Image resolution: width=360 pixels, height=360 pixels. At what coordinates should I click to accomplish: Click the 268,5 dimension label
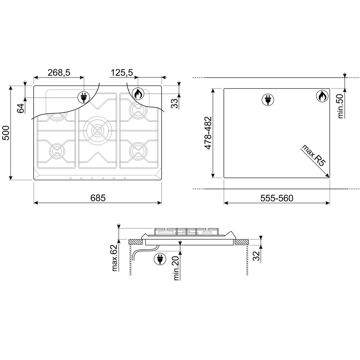[59, 73]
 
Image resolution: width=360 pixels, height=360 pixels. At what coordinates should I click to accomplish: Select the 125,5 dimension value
[122, 73]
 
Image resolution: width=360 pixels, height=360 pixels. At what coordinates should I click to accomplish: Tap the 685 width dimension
[98, 198]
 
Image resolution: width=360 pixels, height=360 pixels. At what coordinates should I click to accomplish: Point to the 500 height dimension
[6, 133]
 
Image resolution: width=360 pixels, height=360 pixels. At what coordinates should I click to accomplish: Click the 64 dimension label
[21, 108]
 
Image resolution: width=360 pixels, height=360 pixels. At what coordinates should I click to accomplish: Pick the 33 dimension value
[174, 103]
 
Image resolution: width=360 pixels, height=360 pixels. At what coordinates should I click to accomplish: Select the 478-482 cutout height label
[208, 133]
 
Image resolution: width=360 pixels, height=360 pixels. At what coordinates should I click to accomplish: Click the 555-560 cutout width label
[277, 198]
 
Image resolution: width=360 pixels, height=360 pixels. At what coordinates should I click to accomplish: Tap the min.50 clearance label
[341, 106]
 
